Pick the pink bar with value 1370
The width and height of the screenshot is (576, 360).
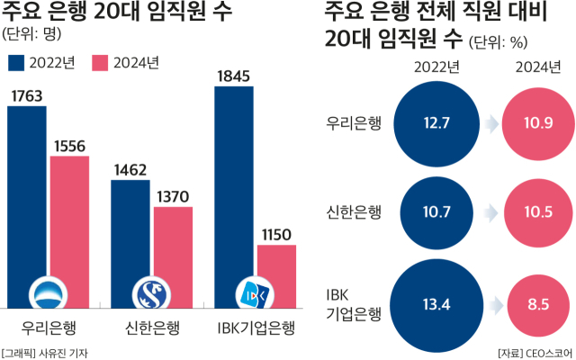tap(173, 256)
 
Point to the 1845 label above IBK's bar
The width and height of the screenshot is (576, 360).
tap(235, 76)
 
